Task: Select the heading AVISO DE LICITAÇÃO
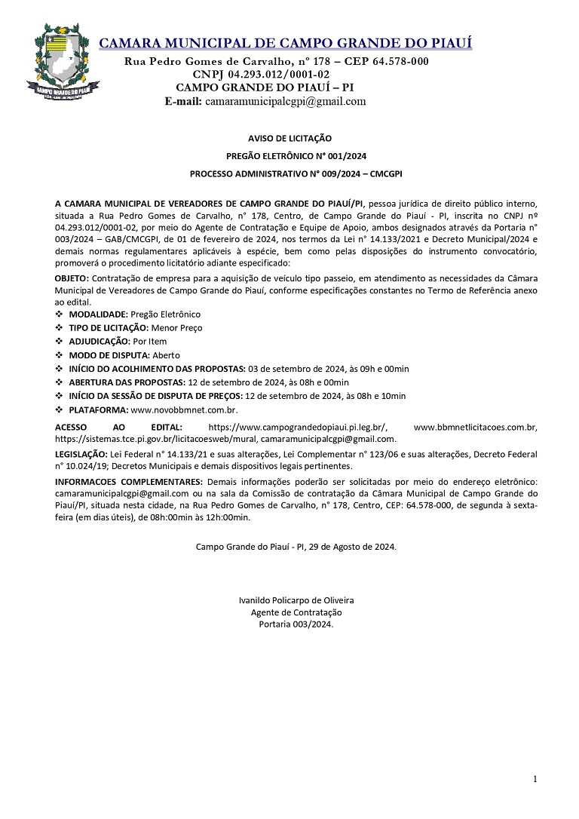click(x=289, y=139)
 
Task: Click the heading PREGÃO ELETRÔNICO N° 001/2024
click(x=289, y=156)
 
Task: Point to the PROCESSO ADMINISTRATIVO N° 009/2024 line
click(x=289, y=173)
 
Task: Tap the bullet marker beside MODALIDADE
click(x=60, y=314)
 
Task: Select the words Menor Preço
click(x=176, y=328)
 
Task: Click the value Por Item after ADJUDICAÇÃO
click(x=149, y=342)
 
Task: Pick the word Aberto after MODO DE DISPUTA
click(x=166, y=355)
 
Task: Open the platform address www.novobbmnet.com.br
click(x=185, y=409)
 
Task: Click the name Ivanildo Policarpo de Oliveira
click(x=296, y=600)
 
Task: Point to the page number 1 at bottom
click(x=535, y=779)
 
